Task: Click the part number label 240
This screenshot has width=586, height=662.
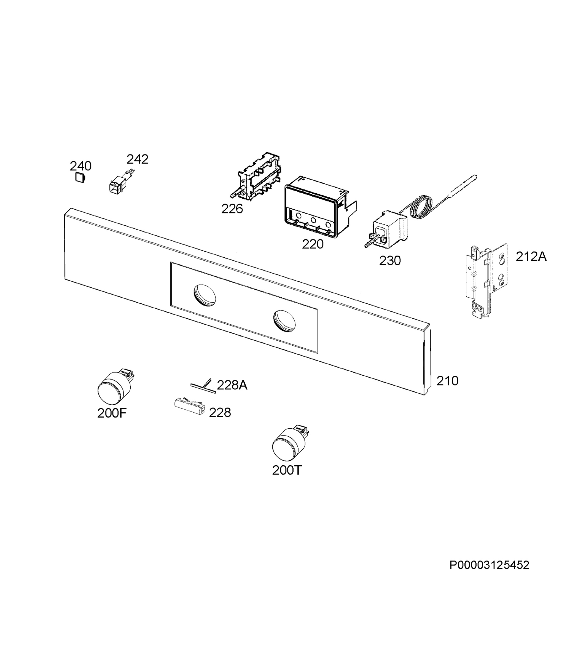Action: coord(80,166)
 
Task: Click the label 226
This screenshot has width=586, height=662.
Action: coord(232,209)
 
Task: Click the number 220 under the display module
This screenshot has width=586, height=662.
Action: coord(313,244)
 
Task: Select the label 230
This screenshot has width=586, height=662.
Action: coord(390,260)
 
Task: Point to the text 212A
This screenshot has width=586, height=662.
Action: coord(531,257)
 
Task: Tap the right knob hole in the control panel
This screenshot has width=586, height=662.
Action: coord(284,321)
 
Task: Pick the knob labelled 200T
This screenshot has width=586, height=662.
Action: coord(290,444)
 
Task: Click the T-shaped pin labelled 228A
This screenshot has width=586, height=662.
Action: coord(203,386)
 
